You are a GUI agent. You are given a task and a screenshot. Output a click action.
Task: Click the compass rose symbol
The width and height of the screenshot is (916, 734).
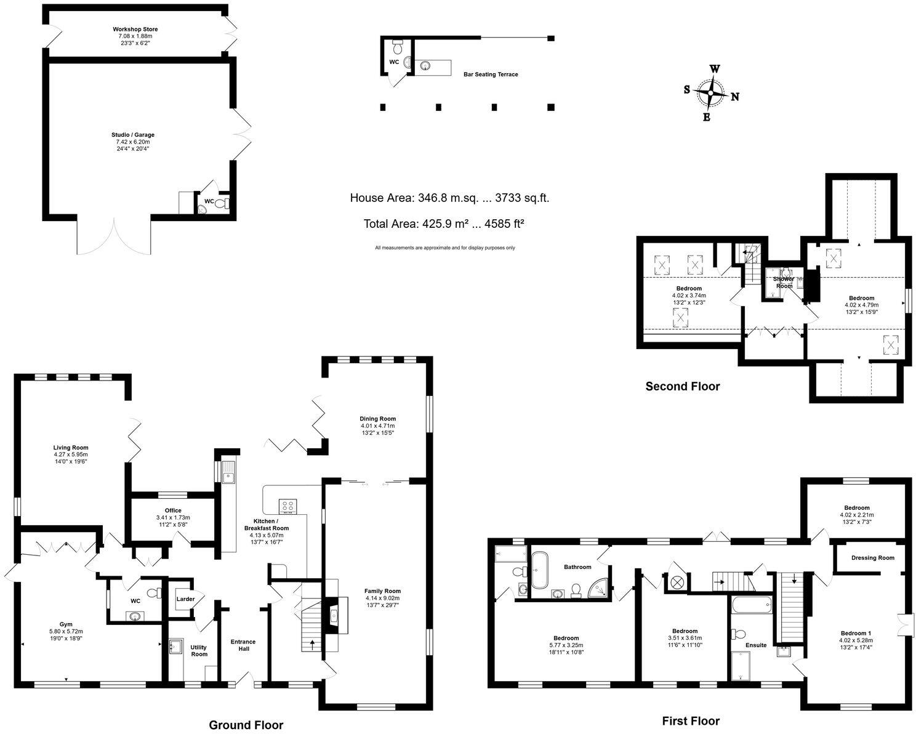pyautogui.click(x=711, y=94)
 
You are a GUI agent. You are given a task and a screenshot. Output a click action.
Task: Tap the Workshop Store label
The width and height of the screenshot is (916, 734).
pyautogui.click(x=135, y=29)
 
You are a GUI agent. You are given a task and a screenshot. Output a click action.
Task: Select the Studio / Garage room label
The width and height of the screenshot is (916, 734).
pyautogui.click(x=133, y=134)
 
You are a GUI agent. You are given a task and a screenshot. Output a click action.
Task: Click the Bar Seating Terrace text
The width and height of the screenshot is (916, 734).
pyautogui.click(x=491, y=75)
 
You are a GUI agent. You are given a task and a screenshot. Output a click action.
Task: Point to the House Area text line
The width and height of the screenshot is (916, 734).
pyautogui.click(x=449, y=198)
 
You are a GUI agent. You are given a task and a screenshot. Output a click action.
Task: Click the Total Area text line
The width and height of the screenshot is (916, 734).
pyautogui.click(x=443, y=224)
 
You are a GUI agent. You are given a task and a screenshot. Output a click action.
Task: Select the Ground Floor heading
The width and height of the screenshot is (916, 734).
pyautogui.click(x=246, y=725)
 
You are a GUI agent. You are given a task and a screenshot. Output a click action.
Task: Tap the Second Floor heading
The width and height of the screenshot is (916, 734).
pyautogui.click(x=682, y=387)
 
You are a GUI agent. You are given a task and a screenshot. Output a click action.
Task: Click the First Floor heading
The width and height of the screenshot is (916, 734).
pyautogui.click(x=690, y=720)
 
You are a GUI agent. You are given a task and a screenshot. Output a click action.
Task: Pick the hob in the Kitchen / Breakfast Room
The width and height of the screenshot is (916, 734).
pyautogui.click(x=287, y=506)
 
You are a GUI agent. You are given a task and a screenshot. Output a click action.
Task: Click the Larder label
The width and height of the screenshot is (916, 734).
pyautogui.click(x=185, y=599)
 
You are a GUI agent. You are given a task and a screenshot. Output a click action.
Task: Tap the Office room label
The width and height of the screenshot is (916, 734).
pyautogui.click(x=173, y=510)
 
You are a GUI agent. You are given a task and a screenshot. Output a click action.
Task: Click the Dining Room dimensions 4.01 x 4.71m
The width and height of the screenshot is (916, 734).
pyautogui.click(x=378, y=425)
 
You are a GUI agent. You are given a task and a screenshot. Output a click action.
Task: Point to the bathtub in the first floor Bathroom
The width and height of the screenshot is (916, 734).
pyautogui.click(x=540, y=571)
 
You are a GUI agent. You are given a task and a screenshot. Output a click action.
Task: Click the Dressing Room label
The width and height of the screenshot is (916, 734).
pyautogui.click(x=872, y=558)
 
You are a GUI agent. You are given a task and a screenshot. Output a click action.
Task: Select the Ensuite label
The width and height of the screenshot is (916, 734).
pyautogui.click(x=756, y=645)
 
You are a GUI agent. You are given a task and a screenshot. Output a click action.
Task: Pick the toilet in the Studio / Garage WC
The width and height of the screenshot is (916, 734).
pyautogui.click(x=226, y=203)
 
